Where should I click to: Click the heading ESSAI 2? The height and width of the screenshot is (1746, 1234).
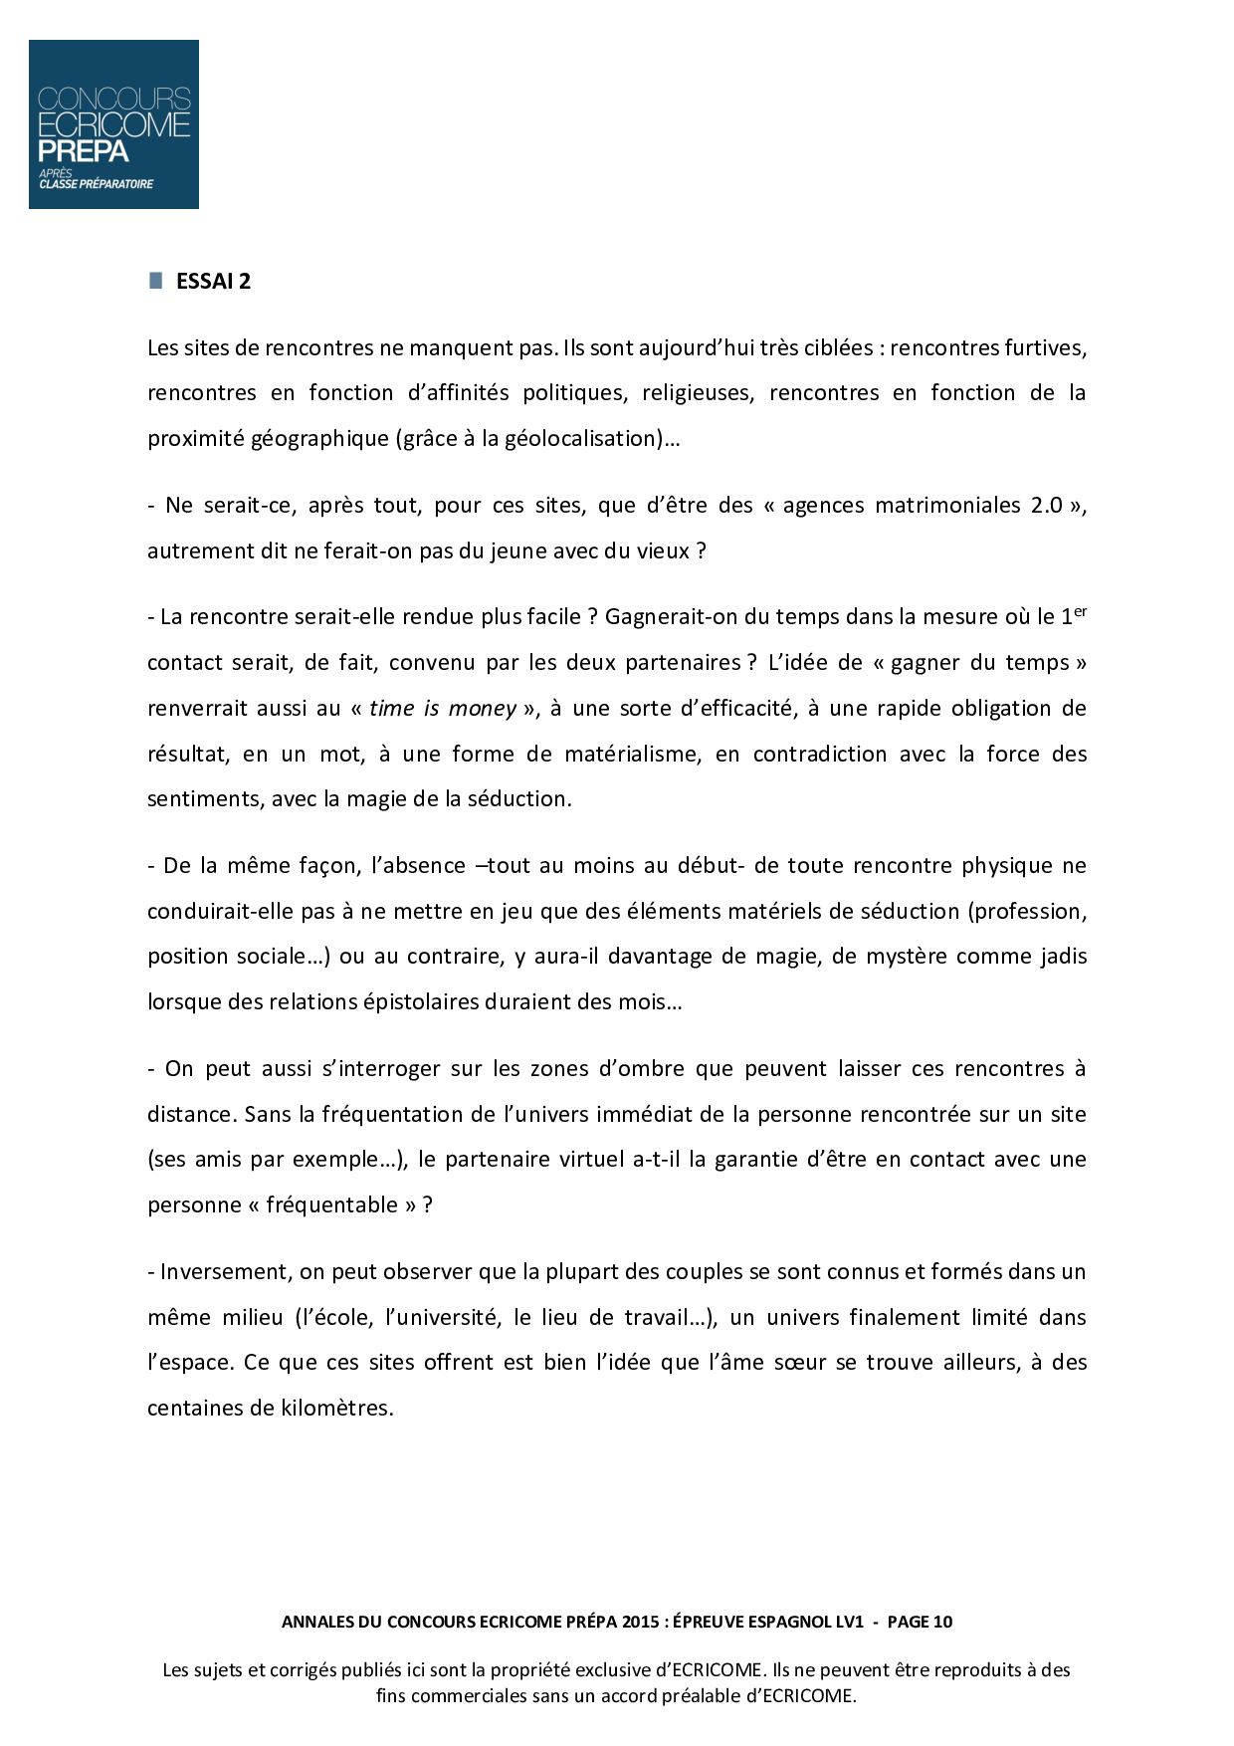tap(213, 282)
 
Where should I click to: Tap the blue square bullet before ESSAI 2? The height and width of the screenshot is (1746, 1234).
tap(156, 281)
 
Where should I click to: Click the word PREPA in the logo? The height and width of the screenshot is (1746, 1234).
tap(84, 151)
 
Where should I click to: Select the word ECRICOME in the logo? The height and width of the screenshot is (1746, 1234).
tap(113, 124)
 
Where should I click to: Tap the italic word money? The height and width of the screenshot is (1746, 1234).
tap(482, 709)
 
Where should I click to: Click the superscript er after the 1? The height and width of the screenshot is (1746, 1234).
tap(1080, 611)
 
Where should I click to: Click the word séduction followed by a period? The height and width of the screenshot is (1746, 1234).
tap(518, 799)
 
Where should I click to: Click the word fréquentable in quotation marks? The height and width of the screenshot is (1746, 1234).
tap(332, 1205)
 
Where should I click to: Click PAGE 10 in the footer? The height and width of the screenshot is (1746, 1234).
tap(920, 1622)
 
